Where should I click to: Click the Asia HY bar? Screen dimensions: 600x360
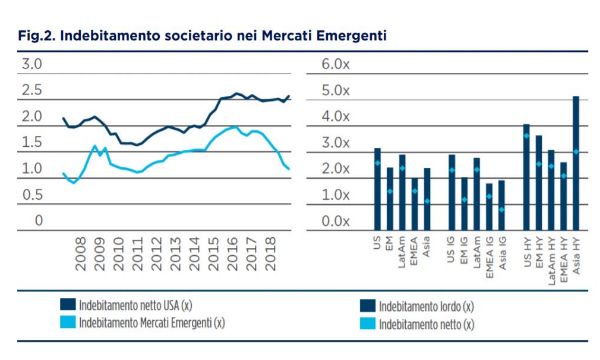576,163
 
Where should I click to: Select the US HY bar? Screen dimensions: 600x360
527,178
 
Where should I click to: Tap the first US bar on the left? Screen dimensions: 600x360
377,189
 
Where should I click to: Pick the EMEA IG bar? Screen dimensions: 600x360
489,207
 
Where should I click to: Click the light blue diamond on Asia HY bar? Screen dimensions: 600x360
576,152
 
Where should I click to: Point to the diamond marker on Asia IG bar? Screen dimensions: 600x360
501,210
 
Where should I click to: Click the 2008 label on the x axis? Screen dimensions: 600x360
81,254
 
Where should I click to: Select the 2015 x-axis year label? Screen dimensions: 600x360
214,254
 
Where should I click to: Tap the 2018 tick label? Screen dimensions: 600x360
271,254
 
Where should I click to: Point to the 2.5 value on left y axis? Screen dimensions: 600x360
32,90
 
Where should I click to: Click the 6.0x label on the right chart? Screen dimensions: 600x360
335,64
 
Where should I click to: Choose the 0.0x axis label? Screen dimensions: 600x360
335,221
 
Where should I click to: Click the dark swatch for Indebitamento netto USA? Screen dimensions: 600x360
68,305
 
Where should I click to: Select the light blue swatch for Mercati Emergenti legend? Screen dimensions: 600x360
68,322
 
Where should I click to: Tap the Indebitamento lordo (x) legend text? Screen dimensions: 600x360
426,306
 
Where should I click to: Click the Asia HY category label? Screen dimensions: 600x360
576,256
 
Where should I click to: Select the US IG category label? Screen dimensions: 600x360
451,250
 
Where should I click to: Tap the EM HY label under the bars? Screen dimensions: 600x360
539,252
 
